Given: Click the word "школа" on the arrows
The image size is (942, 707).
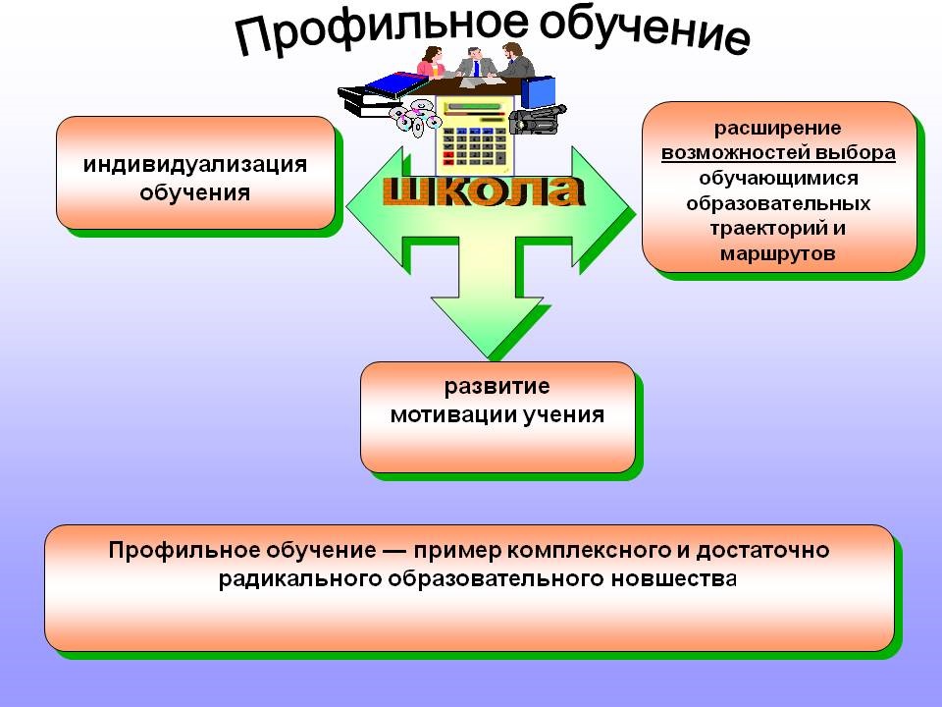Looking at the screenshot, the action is click(x=483, y=191).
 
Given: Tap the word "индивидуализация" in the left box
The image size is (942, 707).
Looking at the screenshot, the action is click(x=195, y=164).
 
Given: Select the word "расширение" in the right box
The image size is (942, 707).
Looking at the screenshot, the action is click(x=777, y=128).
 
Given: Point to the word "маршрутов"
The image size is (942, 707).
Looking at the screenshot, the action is click(x=777, y=253).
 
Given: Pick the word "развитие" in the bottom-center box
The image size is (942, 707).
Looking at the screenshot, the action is click(x=497, y=387).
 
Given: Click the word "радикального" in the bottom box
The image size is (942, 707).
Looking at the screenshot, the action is click(x=300, y=579).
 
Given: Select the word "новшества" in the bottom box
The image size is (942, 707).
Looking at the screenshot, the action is click(x=674, y=579).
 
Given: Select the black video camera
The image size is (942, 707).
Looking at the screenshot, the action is click(x=538, y=119).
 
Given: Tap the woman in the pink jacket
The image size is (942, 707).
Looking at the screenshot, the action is click(x=431, y=62).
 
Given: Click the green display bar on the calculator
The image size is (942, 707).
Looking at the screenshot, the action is click(x=474, y=107).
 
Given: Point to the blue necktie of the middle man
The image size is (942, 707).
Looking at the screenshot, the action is click(x=477, y=68).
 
